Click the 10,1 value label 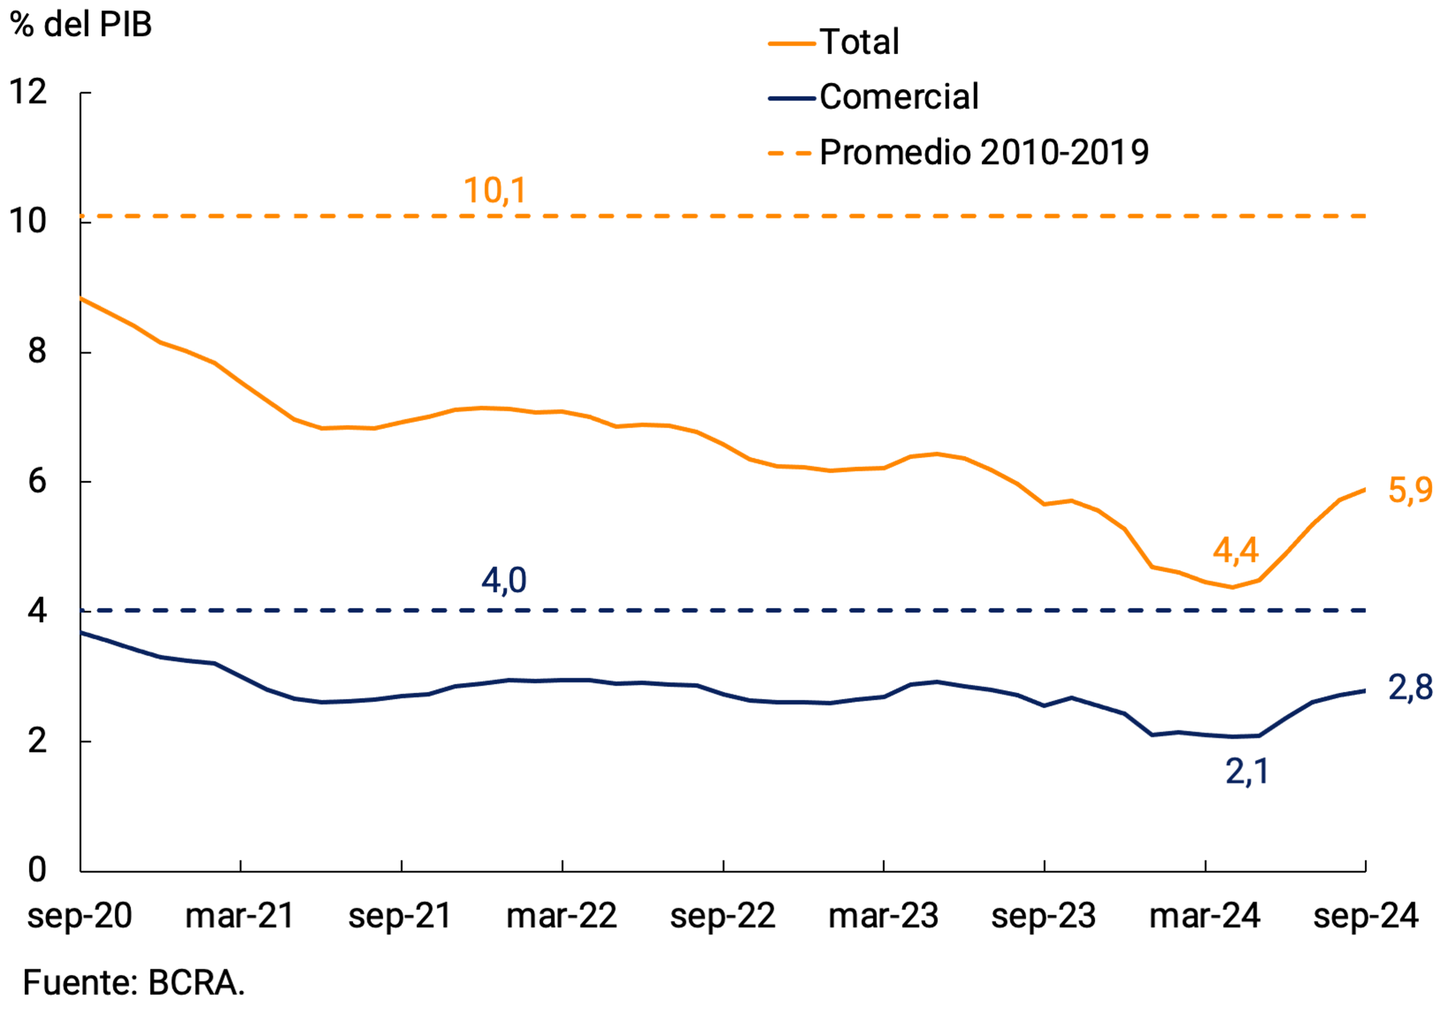[494, 191]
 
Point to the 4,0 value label [503, 580]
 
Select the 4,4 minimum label [1235, 550]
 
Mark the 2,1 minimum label [1246, 771]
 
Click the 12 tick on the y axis [28, 93]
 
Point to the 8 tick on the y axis [37, 351]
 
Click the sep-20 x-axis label [79, 916]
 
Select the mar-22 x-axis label [562, 916]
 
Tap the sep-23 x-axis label [1043, 916]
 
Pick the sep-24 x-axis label [1365, 916]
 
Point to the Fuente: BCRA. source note [134, 983]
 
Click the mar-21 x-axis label [240, 916]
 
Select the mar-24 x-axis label [1204, 916]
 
